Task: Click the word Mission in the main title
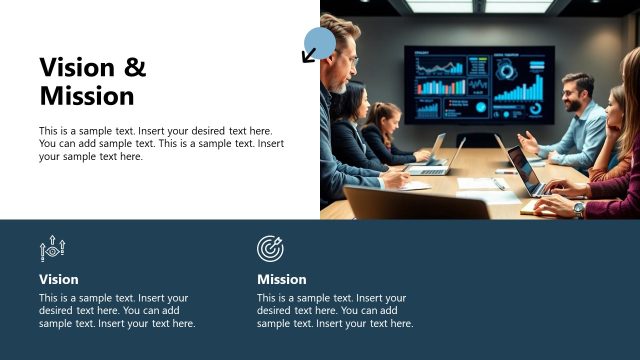click(86, 96)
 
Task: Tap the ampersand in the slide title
click(135, 67)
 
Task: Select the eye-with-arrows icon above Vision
click(52, 248)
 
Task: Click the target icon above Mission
click(270, 248)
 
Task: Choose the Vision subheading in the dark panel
click(58, 279)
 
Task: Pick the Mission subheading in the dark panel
click(281, 279)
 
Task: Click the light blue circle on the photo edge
click(320, 43)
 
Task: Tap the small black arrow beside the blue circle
click(309, 55)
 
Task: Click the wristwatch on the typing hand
click(579, 210)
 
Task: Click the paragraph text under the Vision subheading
click(116, 310)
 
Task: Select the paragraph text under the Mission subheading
click(334, 310)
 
